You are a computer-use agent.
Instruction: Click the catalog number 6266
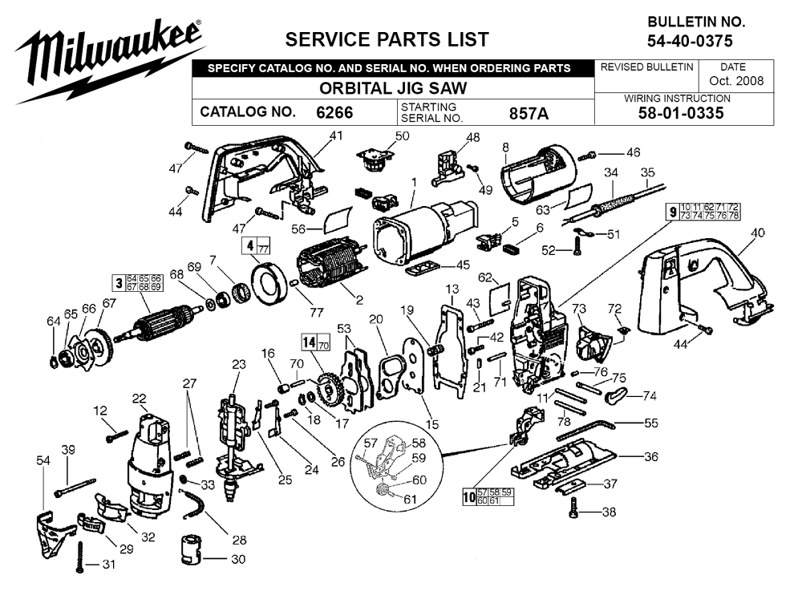pyautogui.click(x=334, y=112)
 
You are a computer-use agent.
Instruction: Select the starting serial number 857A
pyautogui.click(x=529, y=113)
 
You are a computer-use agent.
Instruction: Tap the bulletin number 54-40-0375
pyautogui.click(x=690, y=41)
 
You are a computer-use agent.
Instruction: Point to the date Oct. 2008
pyautogui.click(x=736, y=81)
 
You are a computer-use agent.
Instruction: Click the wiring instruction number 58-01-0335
pyautogui.click(x=681, y=113)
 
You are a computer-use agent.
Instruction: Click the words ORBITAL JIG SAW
pyautogui.click(x=393, y=88)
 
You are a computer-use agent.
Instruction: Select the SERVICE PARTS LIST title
pyautogui.click(x=387, y=39)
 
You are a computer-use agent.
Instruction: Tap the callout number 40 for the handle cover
pyautogui.click(x=757, y=233)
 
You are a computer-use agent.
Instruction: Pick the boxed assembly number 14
pyautogui.click(x=310, y=342)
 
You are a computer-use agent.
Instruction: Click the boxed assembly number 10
pyautogui.click(x=469, y=496)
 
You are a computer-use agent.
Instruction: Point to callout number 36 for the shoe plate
pyautogui.click(x=650, y=456)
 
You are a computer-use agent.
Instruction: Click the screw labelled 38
pyautogui.click(x=573, y=507)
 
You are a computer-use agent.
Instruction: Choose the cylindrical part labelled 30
pyautogui.click(x=192, y=550)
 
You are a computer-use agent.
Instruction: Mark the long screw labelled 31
pyautogui.click(x=79, y=557)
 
